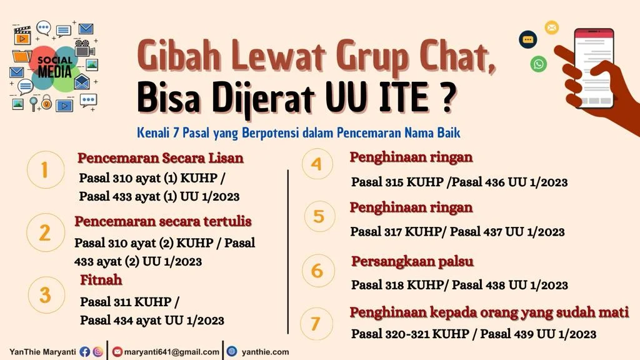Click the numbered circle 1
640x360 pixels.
[x=45, y=169]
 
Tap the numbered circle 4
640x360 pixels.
[x=316, y=164]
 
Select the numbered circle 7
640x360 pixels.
[x=315, y=324]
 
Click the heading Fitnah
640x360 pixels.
[x=101, y=280]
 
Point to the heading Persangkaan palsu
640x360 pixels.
[x=412, y=261]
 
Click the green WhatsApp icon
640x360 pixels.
[x=538, y=63]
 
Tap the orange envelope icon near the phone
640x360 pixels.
[x=551, y=27]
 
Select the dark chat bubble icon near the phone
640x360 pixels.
[x=528, y=39]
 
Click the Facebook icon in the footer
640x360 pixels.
[x=85, y=352]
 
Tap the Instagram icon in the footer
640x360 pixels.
[x=98, y=352]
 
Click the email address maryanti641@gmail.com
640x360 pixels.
[x=171, y=352]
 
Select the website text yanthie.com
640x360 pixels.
[x=265, y=352]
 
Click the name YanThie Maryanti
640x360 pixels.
[x=42, y=352]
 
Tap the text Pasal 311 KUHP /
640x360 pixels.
[x=130, y=302]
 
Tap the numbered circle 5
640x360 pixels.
[x=319, y=216]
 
